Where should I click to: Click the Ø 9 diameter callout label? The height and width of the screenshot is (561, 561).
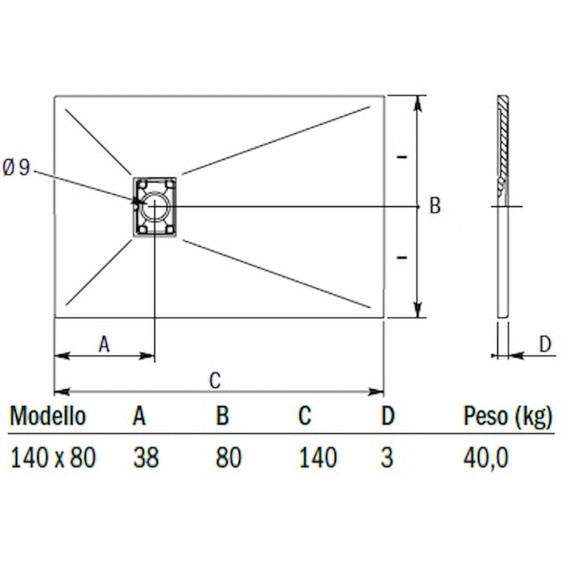[x=17, y=168]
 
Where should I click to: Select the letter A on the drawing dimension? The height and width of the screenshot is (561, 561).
[x=104, y=344]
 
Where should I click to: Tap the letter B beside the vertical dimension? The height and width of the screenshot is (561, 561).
[x=435, y=206]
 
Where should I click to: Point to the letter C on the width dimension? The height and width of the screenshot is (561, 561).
[x=215, y=381]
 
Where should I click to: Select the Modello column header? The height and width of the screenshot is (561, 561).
[x=48, y=416]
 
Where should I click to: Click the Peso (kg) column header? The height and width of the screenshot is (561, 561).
[x=508, y=416]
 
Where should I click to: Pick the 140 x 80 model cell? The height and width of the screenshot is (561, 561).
[x=53, y=458]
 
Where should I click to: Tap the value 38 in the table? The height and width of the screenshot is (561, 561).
[x=146, y=458]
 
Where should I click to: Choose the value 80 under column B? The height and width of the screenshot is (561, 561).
[x=229, y=458]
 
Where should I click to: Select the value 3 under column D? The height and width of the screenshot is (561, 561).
[x=386, y=458]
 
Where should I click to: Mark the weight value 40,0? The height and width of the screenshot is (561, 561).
[x=485, y=458]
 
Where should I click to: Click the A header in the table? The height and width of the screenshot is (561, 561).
[x=140, y=416]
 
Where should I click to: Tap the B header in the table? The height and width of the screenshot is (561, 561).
[x=222, y=416]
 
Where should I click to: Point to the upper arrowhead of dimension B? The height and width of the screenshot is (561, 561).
[x=419, y=102]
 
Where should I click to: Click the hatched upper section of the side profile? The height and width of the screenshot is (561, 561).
[x=502, y=140]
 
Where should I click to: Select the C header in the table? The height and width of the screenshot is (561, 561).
[x=304, y=416]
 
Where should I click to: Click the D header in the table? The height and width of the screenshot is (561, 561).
[x=388, y=416]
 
